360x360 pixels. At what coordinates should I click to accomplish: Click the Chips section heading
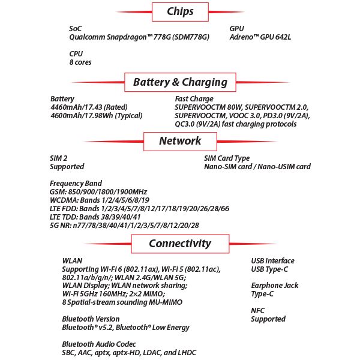180,11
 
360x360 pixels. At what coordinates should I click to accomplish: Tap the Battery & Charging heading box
180,82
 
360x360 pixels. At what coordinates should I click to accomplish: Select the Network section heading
180,141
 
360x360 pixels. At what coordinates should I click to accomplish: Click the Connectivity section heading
180,244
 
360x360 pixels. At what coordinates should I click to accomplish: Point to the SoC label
75,28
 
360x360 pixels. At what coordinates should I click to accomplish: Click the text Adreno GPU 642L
260,37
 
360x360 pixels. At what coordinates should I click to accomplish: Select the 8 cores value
80,62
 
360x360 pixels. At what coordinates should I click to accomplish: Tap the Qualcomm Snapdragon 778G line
139,37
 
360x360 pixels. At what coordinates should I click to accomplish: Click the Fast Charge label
194,98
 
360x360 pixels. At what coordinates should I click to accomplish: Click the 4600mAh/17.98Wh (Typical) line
96,116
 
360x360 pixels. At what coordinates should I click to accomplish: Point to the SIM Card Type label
227,158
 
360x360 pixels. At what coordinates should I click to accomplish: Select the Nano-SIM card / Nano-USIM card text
257,167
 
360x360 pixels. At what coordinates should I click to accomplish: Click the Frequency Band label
76,184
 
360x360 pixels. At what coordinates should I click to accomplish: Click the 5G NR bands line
124,226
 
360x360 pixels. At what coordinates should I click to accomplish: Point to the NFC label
258,310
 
